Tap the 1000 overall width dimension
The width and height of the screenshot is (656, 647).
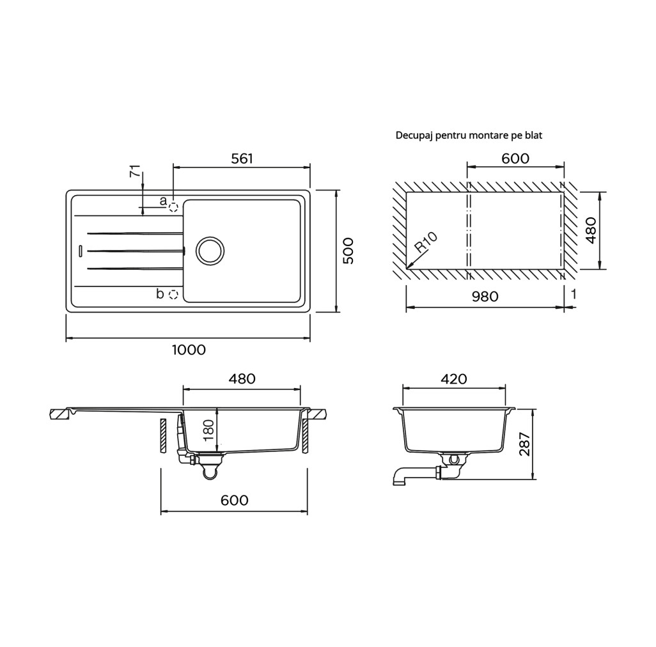(x=189, y=350)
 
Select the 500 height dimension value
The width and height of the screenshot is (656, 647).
(x=348, y=251)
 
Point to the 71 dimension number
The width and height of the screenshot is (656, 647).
(x=135, y=171)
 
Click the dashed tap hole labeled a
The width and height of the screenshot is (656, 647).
(x=173, y=207)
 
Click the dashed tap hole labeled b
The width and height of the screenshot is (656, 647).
(x=173, y=295)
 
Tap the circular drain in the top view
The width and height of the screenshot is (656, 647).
(x=210, y=251)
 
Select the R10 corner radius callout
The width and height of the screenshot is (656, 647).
(x=425, y=242)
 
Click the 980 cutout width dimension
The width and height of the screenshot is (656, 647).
(x=485, y=297)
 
